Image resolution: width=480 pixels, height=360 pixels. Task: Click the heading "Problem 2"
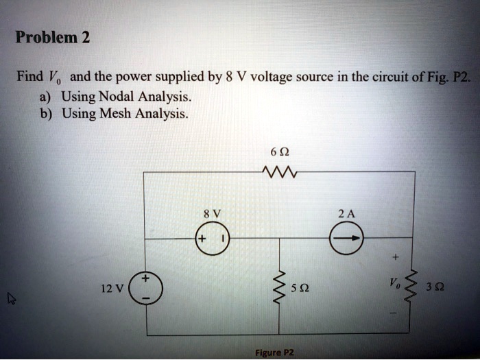coord(53,37)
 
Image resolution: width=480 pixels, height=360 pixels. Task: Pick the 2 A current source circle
coord(342,239)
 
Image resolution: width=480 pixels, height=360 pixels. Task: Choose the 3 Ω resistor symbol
coord(413,288)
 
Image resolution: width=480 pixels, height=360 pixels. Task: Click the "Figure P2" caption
coord(274,351)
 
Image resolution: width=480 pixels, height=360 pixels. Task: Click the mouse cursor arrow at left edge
coord(10,298)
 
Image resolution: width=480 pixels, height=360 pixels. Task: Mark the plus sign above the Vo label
coord(395,259)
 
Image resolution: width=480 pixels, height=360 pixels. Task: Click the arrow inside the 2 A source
coord(342,239)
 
